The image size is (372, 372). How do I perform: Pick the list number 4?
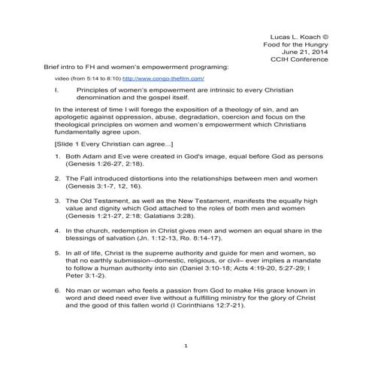pos(57,230)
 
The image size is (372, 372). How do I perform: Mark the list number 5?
pos(57,252)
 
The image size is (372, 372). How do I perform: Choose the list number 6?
pos(57,289)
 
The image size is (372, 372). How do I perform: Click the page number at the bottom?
pos(186,345)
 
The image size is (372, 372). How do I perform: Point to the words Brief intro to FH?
pos(74,68)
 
